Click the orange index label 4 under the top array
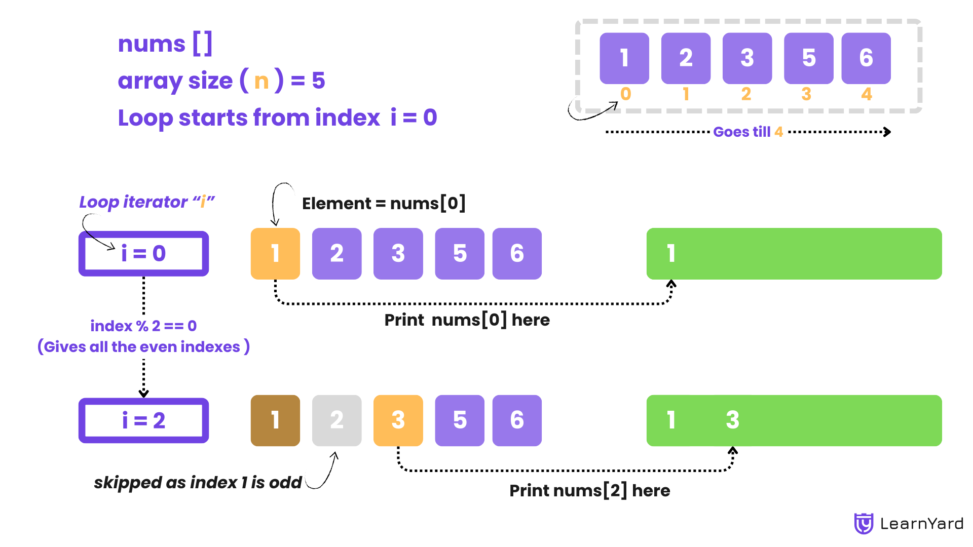(867, 94)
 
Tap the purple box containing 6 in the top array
(866, 58)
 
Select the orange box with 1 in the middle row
(275, 253)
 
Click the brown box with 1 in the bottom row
(275, 420)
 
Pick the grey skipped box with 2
(336, 420)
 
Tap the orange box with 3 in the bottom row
(398, 420)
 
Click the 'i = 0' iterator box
(143, 253)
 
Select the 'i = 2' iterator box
(143, 420)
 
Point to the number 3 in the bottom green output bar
(732, 420)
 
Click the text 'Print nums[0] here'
(467, 320)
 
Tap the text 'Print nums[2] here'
(589, 490)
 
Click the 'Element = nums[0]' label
(384, 204)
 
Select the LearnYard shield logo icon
(864, 524)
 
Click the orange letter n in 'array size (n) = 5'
(261, 81)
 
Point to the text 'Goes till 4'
(748, 132)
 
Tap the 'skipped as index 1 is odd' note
(198, 482)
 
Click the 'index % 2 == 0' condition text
(143, 326)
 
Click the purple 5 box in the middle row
(459, 253)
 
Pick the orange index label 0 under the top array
(625, 94)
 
